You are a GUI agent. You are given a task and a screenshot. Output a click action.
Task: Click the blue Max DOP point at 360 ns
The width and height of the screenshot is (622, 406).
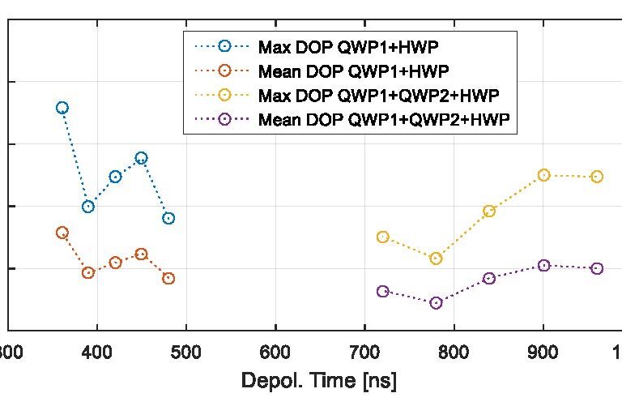coord(62,108)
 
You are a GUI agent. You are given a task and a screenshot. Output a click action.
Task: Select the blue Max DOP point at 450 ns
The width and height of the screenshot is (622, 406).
coord(142,158)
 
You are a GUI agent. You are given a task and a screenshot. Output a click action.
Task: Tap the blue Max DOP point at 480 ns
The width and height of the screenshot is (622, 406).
coord(168,218)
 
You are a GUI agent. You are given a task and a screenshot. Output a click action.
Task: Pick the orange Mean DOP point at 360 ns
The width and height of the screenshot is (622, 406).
coord(62,233)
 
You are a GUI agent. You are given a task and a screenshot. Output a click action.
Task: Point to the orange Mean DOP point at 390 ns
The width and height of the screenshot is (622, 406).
coord(88,273)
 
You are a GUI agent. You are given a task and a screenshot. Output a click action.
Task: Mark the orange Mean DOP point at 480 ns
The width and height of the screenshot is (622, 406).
coord(168,279)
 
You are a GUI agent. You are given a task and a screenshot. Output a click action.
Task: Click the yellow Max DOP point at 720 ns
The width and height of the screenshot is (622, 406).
coord(383,237)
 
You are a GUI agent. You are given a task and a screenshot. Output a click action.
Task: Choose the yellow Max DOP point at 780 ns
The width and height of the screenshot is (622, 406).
coord(437,259)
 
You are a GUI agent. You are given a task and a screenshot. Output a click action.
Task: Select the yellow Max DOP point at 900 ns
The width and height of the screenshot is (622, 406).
coord(544,175)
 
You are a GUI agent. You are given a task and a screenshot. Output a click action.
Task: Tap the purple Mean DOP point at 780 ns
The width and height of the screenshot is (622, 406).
coord(437,303)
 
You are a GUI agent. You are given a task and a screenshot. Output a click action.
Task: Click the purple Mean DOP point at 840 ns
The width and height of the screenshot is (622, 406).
coord(489,279)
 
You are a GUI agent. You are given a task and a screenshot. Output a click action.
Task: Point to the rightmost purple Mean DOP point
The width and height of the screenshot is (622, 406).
coord(597,268)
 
